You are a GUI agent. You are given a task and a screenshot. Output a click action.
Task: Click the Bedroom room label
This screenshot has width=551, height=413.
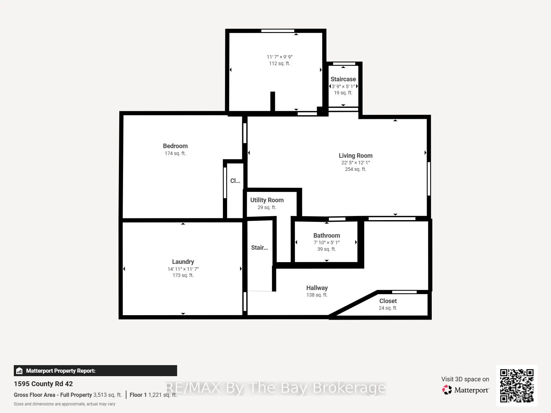tap(175, 146)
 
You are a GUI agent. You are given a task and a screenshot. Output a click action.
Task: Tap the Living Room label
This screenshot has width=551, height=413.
tap(356, 156)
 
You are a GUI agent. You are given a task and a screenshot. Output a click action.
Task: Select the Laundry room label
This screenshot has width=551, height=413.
tap(183, 262)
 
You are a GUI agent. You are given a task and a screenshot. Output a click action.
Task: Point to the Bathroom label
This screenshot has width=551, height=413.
tap(327, 236)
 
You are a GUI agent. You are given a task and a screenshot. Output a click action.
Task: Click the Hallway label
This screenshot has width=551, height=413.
tap(317, 288)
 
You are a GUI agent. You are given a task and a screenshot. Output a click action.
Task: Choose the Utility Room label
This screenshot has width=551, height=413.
tap(267, 200)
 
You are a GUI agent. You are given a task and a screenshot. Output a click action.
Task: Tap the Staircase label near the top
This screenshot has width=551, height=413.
tap(343, 79)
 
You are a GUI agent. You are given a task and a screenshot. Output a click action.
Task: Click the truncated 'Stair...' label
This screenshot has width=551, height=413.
tap(259, 248)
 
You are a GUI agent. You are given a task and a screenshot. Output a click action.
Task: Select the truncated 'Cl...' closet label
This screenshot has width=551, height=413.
tap(235, 180)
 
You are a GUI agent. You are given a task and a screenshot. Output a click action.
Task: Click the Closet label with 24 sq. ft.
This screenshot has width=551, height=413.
tap(388, 301)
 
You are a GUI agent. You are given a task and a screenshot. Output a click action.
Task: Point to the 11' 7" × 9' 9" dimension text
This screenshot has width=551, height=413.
tap(279, 57)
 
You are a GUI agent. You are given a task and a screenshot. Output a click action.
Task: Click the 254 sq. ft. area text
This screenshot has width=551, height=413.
tap(356, 169)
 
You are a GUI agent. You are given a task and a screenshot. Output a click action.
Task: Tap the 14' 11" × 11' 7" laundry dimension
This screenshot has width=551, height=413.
tap(183, 269)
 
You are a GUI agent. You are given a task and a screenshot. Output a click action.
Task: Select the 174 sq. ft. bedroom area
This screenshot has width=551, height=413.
tap(175, 153)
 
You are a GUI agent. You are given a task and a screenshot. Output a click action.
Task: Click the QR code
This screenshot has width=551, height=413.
tap(517, 385)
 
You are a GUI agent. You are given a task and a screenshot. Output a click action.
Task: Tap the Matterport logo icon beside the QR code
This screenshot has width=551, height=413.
tap(447, 390)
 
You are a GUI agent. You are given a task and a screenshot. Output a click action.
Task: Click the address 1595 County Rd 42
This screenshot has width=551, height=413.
tap(43, 384)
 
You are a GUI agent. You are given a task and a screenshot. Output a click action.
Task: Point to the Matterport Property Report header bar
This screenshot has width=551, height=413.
tap(95, 371)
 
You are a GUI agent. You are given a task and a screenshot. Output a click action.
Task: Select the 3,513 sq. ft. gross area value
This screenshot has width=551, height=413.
tap(108, 395)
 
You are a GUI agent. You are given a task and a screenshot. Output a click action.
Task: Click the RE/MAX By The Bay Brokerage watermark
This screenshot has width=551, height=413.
tap(275, 388)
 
